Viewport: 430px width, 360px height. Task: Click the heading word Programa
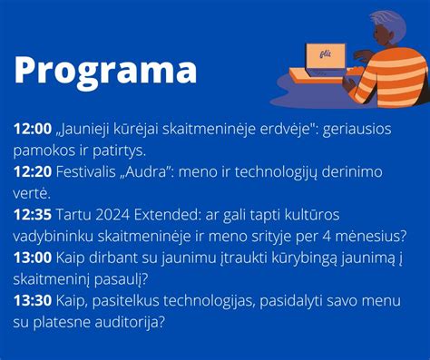(105, 71)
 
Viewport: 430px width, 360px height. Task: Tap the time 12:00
(33, 130)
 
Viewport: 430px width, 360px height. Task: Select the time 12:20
(33, 172)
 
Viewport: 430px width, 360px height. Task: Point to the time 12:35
(33, 215)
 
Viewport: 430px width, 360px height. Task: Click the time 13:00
(33, 257)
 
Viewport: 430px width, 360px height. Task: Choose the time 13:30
(33, 298)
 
